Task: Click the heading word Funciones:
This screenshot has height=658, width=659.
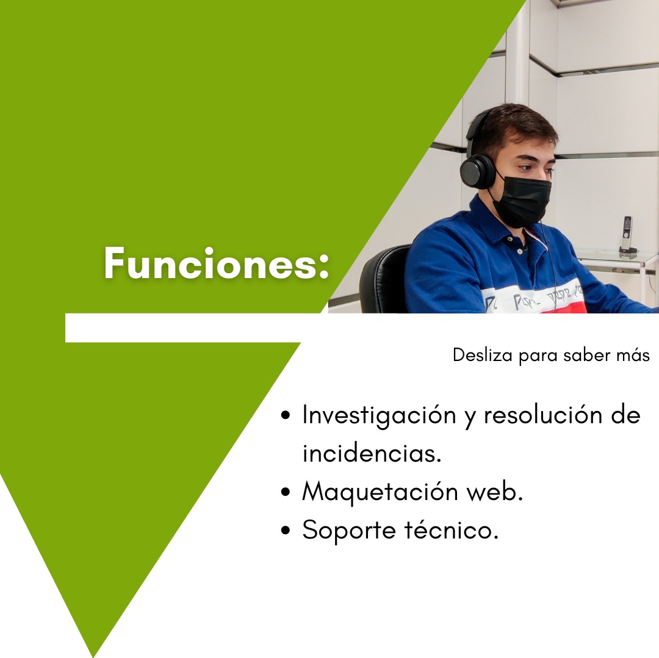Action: pos(217,264)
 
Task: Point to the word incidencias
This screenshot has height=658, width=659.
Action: pos(372,454)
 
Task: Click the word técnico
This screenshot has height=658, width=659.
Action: pos(452,530)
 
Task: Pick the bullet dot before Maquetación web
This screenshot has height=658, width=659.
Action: pos(286,493)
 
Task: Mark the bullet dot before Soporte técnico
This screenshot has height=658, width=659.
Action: pos(286,531)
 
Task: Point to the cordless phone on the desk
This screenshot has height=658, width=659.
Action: pos(627,234)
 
